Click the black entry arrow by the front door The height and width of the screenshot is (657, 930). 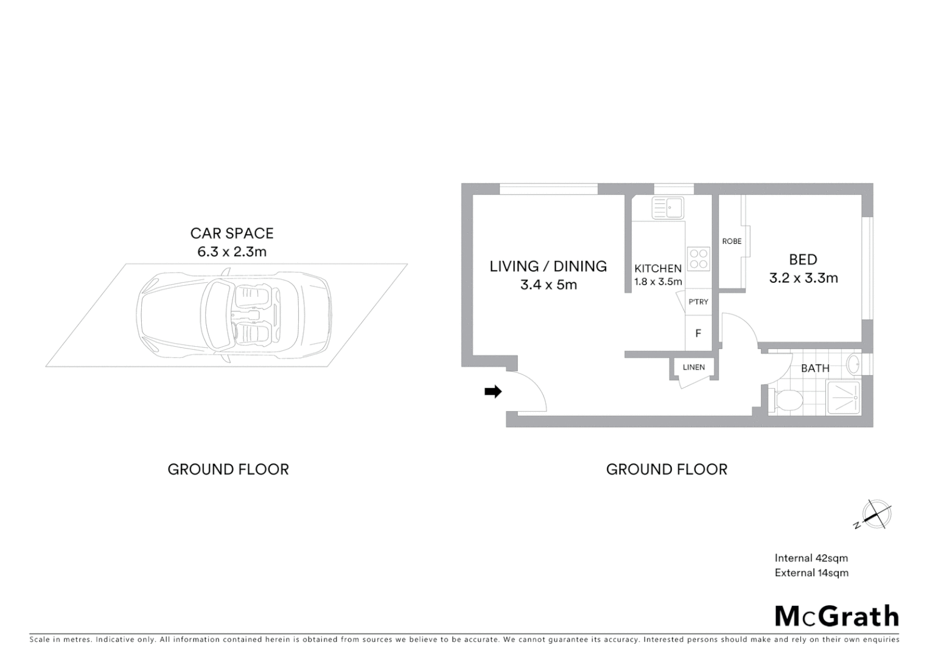coord(492,392)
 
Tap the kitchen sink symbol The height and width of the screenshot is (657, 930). coord(668,207)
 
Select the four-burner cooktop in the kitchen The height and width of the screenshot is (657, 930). coord(698,258)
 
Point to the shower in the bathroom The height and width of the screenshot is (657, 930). coord(844,398)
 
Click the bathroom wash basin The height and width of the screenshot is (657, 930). coord(853,366)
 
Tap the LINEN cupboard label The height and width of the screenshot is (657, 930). coord(693,367)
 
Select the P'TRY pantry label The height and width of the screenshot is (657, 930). coord(698,302)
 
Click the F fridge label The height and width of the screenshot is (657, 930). coord(698,333)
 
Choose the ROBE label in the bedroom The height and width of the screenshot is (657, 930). coord(732,242)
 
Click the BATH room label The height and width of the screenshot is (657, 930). coord(814,368)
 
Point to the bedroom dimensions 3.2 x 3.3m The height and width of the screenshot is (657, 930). coord(803,279)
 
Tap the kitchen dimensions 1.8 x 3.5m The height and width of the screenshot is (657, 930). coord(658,282)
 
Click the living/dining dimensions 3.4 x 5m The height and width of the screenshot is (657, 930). coord(548,285)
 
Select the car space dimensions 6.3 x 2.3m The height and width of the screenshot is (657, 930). coord(232,252)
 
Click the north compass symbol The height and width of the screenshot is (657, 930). coord(876,515)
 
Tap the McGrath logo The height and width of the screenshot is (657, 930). coord(836,616)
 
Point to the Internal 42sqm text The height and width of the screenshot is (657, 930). coord(811,558)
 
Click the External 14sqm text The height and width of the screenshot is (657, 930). coord(811,572)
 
